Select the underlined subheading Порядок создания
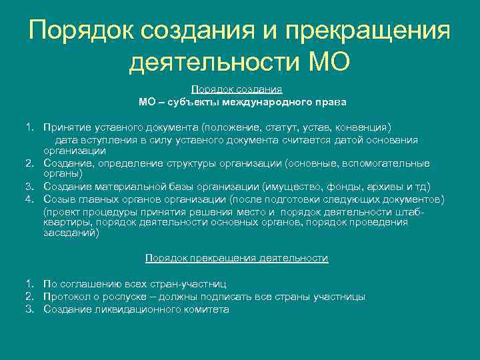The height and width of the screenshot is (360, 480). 237,89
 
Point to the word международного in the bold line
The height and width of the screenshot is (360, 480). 273,103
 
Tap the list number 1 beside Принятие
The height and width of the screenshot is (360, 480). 29,127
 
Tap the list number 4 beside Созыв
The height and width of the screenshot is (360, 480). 29,199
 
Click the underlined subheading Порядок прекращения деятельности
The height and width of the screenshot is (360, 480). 237,258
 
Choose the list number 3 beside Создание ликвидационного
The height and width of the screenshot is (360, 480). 29,309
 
